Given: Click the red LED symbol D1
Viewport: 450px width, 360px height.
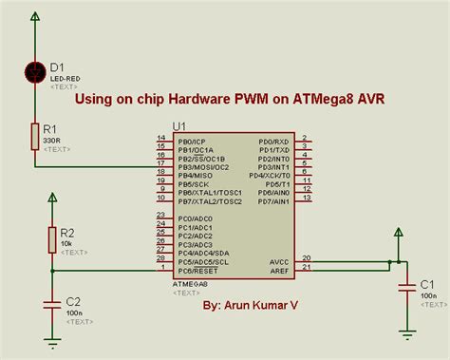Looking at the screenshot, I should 35,69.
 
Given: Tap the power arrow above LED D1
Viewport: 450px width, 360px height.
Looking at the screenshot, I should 35,16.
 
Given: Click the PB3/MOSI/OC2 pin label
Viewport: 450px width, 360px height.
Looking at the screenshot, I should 201,166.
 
